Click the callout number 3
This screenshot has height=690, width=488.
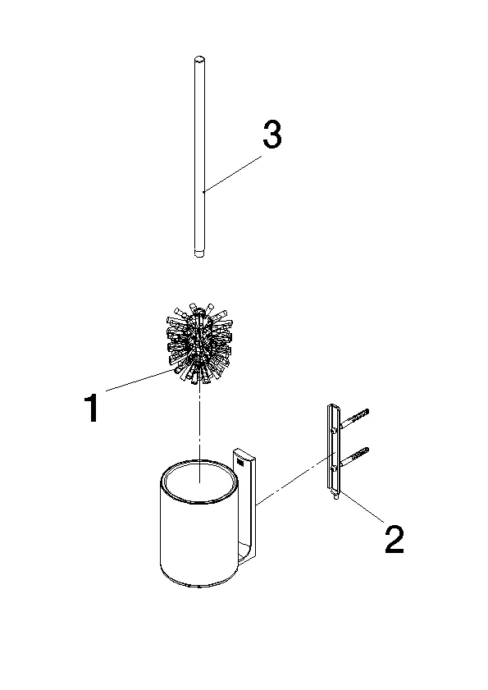pos(272,135)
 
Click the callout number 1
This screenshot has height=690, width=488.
pos(92,408)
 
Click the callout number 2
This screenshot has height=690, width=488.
pos(394,539)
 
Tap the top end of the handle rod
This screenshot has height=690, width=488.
pos(199,59)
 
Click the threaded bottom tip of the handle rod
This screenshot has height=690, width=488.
pos(199,253)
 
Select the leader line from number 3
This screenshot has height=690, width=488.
pos(232,173)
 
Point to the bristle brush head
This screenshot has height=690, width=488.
pos(199,344)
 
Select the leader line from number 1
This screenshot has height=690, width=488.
pos(141,380)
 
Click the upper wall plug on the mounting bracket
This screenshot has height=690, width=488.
pos(354,418)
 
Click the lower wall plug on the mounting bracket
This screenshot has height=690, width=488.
pos(354,457)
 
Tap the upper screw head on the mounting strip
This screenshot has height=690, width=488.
pos(335,429)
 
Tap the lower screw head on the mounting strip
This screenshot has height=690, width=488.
pos(335,468)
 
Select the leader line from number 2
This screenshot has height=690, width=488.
pos(361,506)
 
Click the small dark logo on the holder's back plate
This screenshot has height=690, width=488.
pos(240,463)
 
